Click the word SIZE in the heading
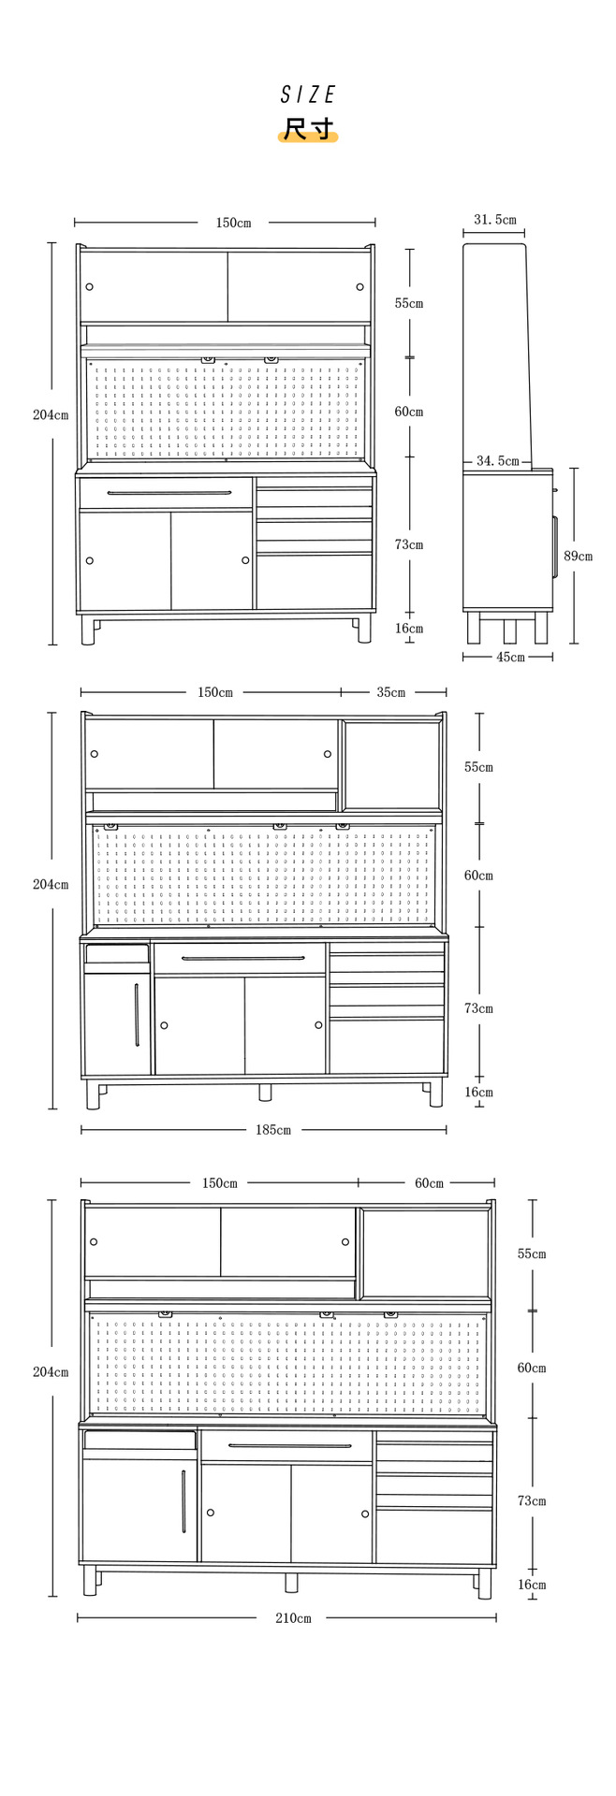pos(308,94)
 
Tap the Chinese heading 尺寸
pos(308,129)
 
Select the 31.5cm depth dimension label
pos(494,220)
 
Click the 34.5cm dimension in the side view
pos(497,461)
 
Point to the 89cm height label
pos(578,556)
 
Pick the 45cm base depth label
pos(510,657)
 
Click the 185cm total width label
pos(273,1130)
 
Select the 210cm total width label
pos(293,1618)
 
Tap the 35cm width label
pos(391,692)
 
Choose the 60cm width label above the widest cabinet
pos(429,1183)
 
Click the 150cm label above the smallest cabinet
pos(233,223)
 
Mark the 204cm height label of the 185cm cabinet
pos(51,884)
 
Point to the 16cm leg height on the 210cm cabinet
pos(532,1585)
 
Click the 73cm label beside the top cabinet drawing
pos(408,544)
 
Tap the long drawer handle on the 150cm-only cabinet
pos(169,493)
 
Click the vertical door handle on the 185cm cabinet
pos(137,1015)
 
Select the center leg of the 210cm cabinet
pos(290,1582)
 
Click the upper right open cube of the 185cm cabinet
pos(391,764)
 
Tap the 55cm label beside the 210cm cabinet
pos(532,1253)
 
